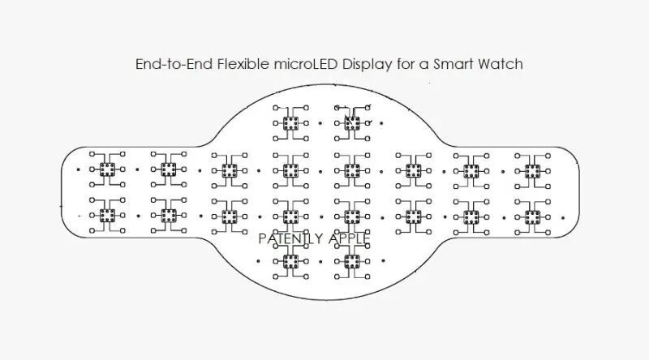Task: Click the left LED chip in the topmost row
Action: [290, 123]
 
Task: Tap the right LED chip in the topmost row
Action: [352, 123]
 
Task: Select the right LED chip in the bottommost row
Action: [352, 261]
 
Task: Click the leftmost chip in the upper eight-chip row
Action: [106, 169]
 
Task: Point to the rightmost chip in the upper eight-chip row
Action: [533, 169]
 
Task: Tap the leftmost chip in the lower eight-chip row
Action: [106, 216]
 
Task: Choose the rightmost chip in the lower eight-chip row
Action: [533, 216]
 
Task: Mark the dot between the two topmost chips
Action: [321, 124]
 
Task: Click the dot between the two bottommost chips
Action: [321, 261]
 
